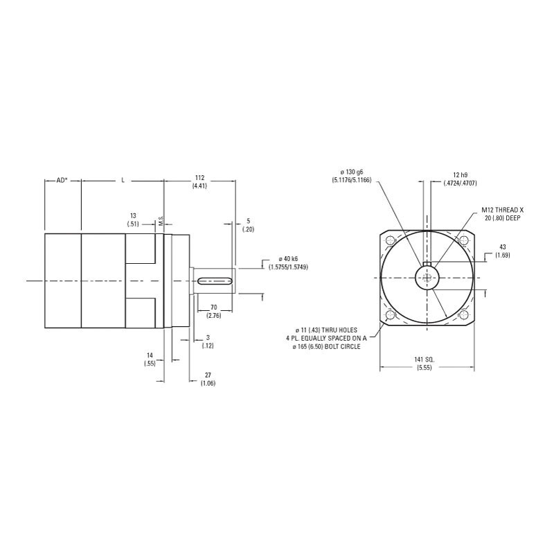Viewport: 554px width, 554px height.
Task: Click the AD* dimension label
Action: pyautogui.click(x=62, y=180)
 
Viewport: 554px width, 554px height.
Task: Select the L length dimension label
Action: pyautogui.click(x=123, y=180)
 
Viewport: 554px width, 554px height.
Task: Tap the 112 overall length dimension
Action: pyautogui.click(x=200, y=178)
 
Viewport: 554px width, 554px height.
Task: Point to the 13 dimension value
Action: pyautogui.click(x=133, y=215)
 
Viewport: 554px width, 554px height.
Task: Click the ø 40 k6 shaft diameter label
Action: pyautogui.click(x=288, y=259)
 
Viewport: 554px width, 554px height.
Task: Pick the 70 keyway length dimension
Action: pyautogui.click(x=214, y=307)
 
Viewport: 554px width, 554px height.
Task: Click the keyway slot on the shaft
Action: pyautogui.click(x=215, y=281)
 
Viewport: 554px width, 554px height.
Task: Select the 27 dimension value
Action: pyautogui.click(x=208, y=375)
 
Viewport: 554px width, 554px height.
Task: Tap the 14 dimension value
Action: pyautogui.click(x=150, y=355)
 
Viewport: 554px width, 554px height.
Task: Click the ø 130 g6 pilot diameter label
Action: pyautogui.click(x=352, y=172)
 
